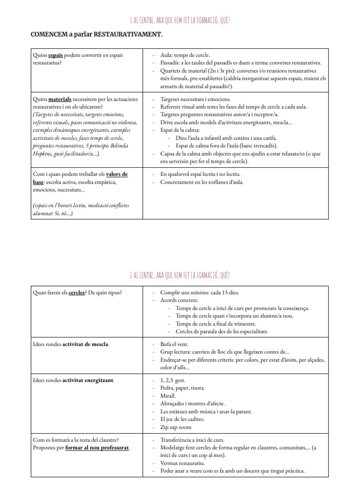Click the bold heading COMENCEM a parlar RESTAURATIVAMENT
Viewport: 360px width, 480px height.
97,35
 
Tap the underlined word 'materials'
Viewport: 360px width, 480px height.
60,99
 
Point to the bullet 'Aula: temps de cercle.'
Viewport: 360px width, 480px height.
185,55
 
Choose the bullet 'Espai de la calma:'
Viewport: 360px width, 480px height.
180,130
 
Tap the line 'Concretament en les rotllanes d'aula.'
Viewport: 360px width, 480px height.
202,182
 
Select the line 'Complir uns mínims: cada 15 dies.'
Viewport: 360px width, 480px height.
200,293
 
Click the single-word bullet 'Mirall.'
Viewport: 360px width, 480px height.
169,396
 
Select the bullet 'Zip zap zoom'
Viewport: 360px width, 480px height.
175,427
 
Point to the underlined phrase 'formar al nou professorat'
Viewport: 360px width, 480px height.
97,448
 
